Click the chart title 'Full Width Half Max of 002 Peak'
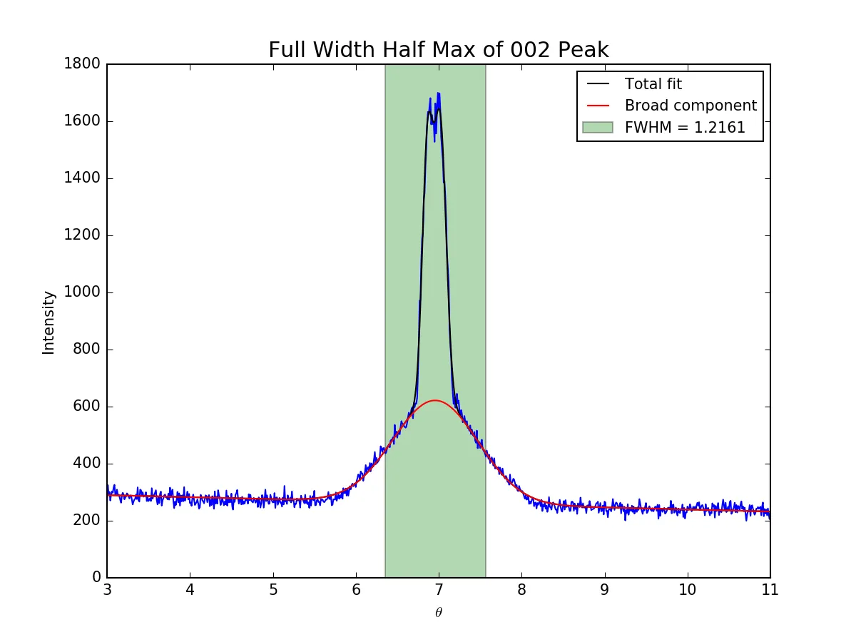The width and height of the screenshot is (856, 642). tap(438, 50)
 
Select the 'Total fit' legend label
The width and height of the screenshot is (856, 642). tap(653, 84)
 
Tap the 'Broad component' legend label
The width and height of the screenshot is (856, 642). tap(691, 106)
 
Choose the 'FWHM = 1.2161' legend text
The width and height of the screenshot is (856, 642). tap(685, 128)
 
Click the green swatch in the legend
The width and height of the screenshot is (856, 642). tap(597, 128)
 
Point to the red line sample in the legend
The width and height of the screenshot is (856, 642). tap(597, 106)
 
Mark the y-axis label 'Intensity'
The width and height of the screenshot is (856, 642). tap(49, 322)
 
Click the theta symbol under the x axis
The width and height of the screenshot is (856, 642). tap(439, 612)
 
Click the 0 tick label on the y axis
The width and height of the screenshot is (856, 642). tap(96, 577)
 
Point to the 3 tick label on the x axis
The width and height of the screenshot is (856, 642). tap(107, 591)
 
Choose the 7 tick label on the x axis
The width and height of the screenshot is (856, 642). tap(439, 591)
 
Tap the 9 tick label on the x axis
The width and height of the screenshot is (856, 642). tap(605, 591)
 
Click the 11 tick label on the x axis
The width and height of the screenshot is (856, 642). tap(770, 591)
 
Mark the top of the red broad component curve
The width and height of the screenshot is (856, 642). tap(435, 401)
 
